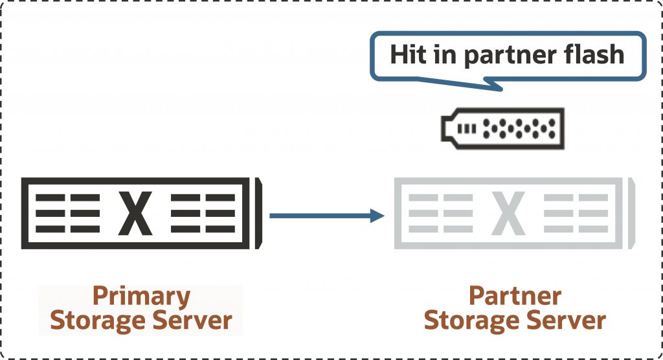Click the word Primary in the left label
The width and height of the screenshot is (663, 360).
[141, 297]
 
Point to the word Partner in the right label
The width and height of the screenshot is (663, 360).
[515, 297]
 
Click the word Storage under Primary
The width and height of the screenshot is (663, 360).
[96, 320]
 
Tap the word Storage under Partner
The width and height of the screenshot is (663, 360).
[470, 320]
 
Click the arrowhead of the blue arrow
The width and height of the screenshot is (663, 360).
[378, 215]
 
